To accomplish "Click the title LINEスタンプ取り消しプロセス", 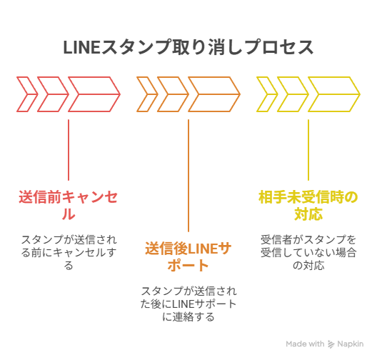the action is click(188, 47).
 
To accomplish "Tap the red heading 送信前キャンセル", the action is click(69, 206).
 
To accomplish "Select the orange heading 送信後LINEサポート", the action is click(188, 257).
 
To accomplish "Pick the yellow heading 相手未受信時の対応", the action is click(308, 206).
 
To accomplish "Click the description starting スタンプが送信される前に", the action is click(69, 253).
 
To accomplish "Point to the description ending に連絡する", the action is click(188, 304).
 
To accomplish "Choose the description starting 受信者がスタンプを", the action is click(308, 253).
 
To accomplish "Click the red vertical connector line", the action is click(69, 150).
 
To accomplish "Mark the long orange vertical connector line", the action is click(188, 176).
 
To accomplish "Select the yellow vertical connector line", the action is click(308, 150).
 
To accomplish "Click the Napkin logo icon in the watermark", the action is click(331, 344).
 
